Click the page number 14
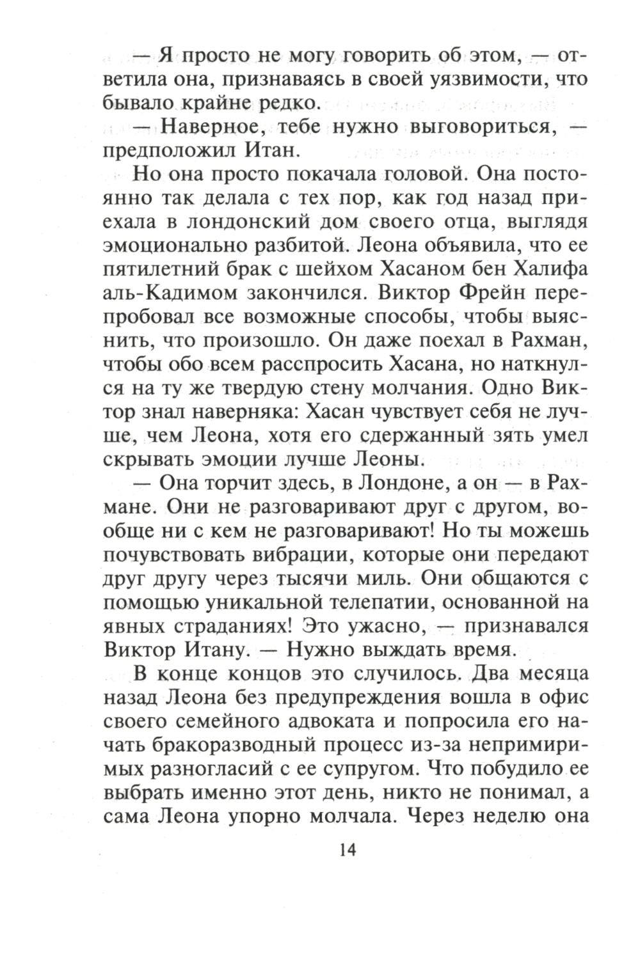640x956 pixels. tap(346, 850)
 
